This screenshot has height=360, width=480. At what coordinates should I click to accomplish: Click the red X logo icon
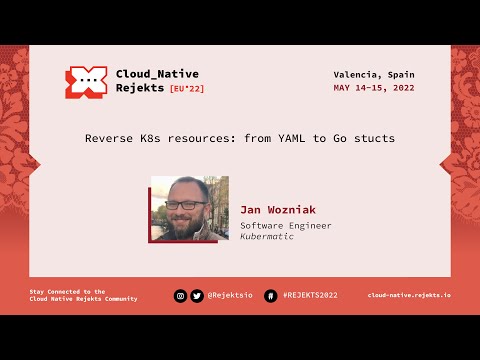(x=86, y=82)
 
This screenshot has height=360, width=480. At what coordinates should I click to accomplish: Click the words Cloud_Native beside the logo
(x=157, y=74)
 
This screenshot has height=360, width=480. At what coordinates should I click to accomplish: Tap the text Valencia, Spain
(x=374, y=75)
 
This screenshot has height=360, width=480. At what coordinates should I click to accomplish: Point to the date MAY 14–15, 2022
(x=374, y=88)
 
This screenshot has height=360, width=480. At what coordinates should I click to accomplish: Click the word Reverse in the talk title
(x=109, y=138)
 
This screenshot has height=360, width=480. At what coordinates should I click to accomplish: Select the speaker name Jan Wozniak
(x=277, y=210)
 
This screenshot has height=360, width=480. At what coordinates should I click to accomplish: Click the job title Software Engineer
(x=286, y=226)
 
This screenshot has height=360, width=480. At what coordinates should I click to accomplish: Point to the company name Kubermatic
(x=267, y=237)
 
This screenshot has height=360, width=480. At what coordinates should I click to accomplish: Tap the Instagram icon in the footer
(x=181, y=296)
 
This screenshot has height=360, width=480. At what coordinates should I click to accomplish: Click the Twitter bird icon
(x=197, y=296)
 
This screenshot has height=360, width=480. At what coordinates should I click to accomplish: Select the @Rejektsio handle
(x=230, y=296)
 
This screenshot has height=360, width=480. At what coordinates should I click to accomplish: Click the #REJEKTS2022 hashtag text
(x=310, y=296)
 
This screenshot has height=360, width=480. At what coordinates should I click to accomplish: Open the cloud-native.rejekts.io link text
(x=408, y=296)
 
